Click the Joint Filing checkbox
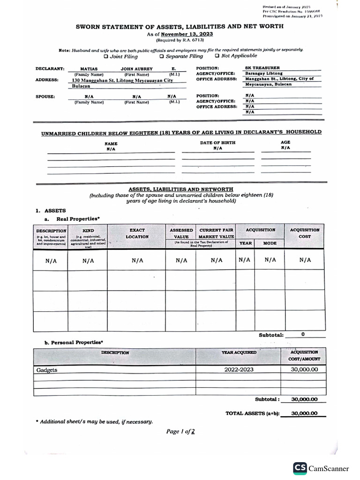pos(106,56)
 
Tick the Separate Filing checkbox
pos(161,56)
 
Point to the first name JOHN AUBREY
pos(136,68)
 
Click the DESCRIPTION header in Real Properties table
pos(51,231)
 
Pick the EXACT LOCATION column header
pos(137,233)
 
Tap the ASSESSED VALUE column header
pos(180,233)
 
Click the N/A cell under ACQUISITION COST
pos(305,260)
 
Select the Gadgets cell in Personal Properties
pos(47,370)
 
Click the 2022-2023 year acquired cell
pos(239,370)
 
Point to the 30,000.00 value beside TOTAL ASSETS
pos(304,413)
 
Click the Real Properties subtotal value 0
pos(303,335)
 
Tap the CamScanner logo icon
pos(300,468)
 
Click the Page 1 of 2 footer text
pos(180,432)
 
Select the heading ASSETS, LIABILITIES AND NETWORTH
pos(181,189)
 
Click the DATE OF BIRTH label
pos(217,142)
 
